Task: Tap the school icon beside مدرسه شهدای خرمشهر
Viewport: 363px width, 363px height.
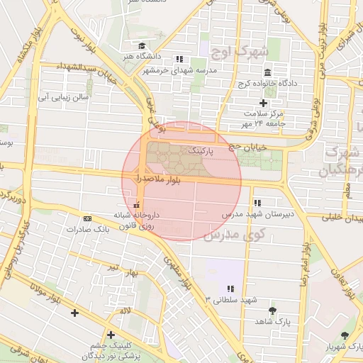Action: click(180, 59)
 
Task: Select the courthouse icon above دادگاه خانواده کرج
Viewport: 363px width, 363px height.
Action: click(267, 73)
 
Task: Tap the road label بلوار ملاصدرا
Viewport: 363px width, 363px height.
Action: click(152, 182)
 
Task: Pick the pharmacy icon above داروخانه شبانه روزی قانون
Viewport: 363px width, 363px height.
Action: click(136, 205)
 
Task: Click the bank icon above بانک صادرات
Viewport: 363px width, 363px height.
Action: click(87, 218)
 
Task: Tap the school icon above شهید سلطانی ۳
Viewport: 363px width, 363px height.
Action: click(230, 289)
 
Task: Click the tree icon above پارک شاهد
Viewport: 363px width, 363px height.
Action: click(272, 311)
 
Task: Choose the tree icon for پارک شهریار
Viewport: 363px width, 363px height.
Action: click(345, 335)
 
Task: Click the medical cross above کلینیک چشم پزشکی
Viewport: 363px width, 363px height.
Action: click(110, 334)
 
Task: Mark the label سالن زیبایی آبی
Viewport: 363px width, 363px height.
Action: click(62, 95)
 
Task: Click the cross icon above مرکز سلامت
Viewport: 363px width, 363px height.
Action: click(262, 103)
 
